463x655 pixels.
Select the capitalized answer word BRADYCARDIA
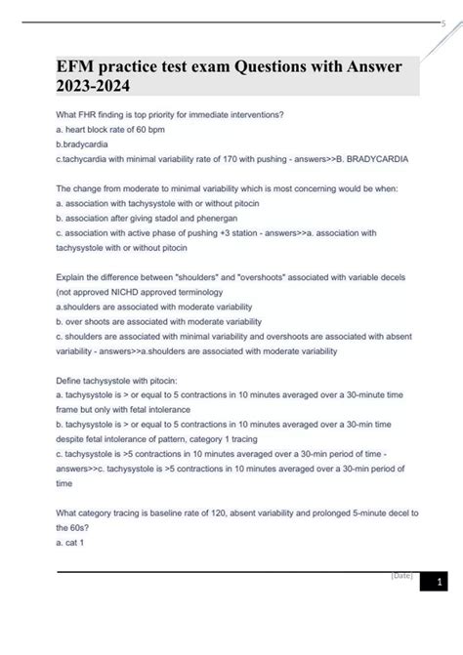tap(384, 157)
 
